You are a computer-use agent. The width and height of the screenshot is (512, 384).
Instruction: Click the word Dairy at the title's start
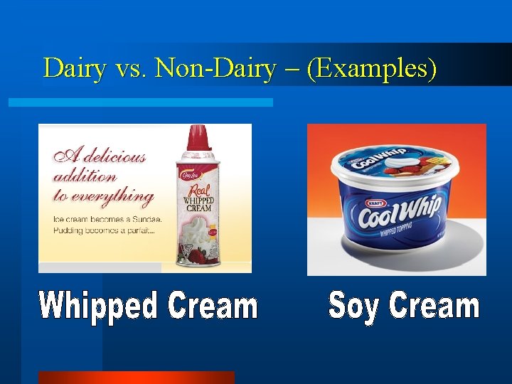click(73, 68)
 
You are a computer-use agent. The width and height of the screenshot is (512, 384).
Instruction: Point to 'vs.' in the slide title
click(131, 69)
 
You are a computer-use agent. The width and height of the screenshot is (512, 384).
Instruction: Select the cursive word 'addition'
click(84, 176)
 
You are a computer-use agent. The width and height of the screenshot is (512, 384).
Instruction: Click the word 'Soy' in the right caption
click(355, 306)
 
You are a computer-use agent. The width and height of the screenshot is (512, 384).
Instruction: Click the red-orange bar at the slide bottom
click(135, 378)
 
